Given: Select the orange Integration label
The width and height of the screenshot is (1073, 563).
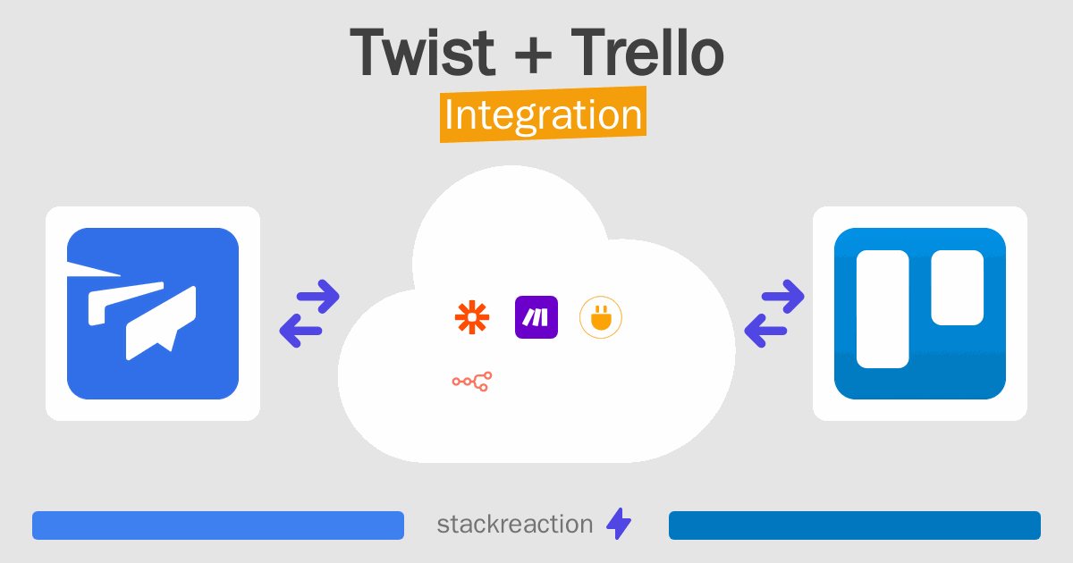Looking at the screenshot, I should pos(543,116).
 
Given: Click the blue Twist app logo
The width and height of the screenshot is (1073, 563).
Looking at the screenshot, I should pos(153,314).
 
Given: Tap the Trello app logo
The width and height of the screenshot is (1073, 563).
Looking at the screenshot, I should pos(919,314).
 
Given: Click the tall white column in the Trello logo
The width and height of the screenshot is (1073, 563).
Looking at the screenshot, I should pos(883,309).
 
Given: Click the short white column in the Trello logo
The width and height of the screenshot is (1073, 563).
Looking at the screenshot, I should pos(957,287).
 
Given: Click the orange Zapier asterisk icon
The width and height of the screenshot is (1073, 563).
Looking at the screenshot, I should pos(473,317).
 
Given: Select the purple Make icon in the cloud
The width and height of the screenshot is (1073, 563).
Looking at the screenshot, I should pos(536,317).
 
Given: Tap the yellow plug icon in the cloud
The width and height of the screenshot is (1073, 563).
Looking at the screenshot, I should pos(601,317).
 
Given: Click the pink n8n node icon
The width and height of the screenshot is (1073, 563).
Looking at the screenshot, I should pos(472,382).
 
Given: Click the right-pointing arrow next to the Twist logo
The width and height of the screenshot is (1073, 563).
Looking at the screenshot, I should pos(318,296).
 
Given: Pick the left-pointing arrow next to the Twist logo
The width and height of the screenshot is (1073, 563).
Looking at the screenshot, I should pos(300,332).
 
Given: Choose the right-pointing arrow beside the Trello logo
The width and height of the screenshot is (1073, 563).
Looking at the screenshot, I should pos(783,296).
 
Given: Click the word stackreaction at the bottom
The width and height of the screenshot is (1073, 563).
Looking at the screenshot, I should pos(515,525).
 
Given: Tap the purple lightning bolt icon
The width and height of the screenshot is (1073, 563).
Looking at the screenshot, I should pos(619,525).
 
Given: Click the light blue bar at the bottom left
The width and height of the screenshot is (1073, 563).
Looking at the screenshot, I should pos(218,525).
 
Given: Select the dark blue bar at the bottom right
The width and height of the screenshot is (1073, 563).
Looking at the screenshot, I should pos(854,525).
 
